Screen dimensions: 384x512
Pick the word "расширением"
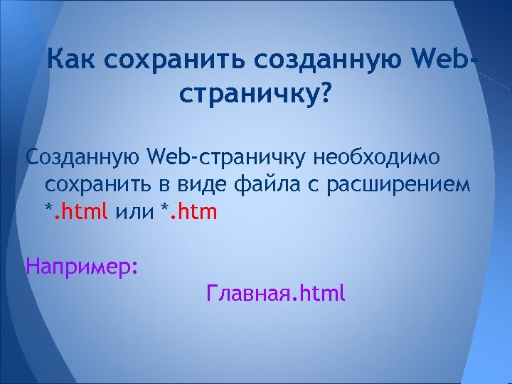398,184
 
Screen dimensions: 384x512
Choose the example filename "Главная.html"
275,292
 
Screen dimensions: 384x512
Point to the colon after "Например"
134,269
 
